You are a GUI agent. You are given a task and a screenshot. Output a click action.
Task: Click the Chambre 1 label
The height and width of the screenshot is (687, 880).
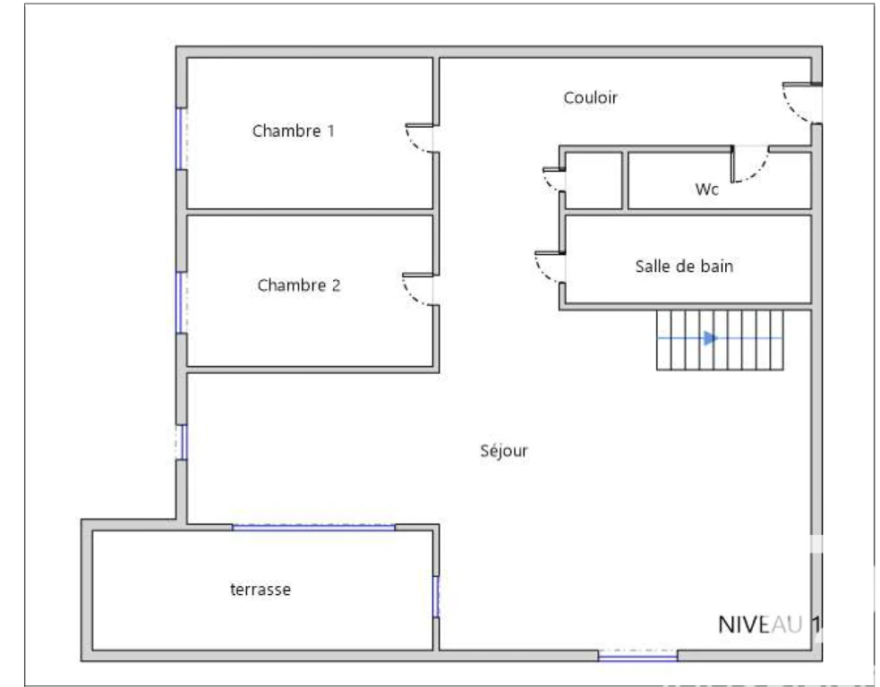[x=293, y=131]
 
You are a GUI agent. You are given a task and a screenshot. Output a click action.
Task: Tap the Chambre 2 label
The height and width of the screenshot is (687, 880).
[x=299, y=285]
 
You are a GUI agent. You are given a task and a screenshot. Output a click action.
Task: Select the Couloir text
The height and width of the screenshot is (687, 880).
[x=591, y=98]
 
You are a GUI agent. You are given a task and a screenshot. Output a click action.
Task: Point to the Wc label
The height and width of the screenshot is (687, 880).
[x=706, y=190]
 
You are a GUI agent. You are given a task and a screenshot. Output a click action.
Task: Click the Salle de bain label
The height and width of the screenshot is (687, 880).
[x=684, y=267]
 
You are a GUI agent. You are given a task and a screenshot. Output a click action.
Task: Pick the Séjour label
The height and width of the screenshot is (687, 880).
[x=504, y=450]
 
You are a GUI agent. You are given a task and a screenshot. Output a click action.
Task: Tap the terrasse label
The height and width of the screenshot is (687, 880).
[x=261, y=589]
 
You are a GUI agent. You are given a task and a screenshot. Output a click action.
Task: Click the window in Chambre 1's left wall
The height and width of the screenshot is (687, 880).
[x=181, y=139]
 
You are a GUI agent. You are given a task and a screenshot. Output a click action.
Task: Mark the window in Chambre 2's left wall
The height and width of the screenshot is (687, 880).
[x=181, y=303]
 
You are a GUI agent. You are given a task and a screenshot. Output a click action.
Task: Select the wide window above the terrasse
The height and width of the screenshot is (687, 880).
[x=313, y=527]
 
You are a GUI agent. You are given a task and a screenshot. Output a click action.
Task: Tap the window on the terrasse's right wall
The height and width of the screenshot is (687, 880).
[x=435, y=597]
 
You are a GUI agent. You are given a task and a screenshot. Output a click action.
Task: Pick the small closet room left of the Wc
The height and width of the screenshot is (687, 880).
[x=594, y=181]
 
